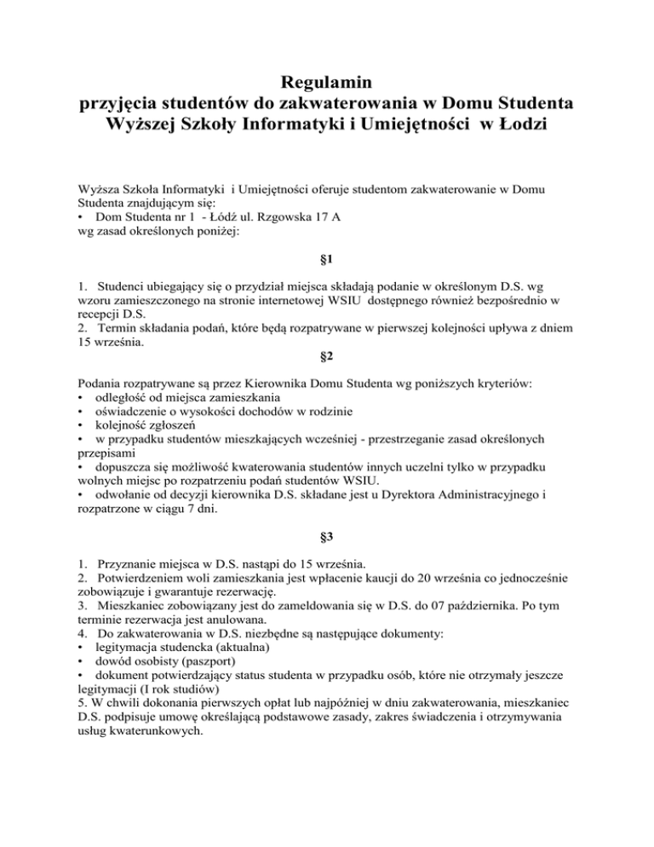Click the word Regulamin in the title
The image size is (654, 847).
click(x=327, y=84)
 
